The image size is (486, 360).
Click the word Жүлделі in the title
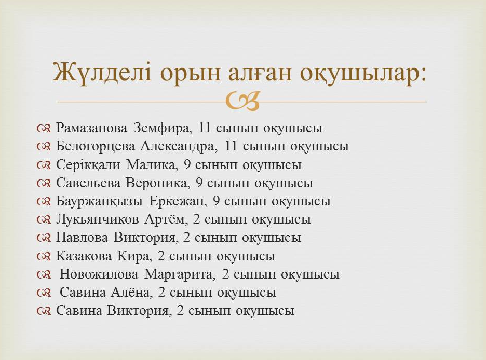pos(102,73)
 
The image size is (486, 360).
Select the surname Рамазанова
pos(91,128)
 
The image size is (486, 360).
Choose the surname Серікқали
pos(88,164)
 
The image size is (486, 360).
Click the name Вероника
pos(156,183)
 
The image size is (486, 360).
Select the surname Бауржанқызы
pos(100,201)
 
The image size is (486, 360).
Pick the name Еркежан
pos(177,201)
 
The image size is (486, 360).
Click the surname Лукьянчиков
pos(97,219)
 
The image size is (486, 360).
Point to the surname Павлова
pos(82,238)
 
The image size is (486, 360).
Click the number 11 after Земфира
pos(204,128)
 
